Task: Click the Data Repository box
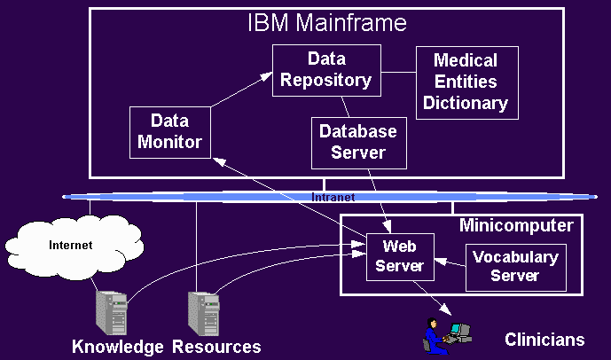tap(326, 70)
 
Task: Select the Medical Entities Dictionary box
tap(466, 82)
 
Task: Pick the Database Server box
tap(358, 142)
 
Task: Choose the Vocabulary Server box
tap(515, 266)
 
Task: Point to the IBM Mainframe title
tap(326, 23)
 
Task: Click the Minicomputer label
tap(516, 225)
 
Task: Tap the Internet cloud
tap(70, 246)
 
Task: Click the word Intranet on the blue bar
tap(333, 197)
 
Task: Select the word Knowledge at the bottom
tap(118, 347)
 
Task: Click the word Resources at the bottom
tap(217, 347)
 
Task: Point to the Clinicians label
tap(544, 340)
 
